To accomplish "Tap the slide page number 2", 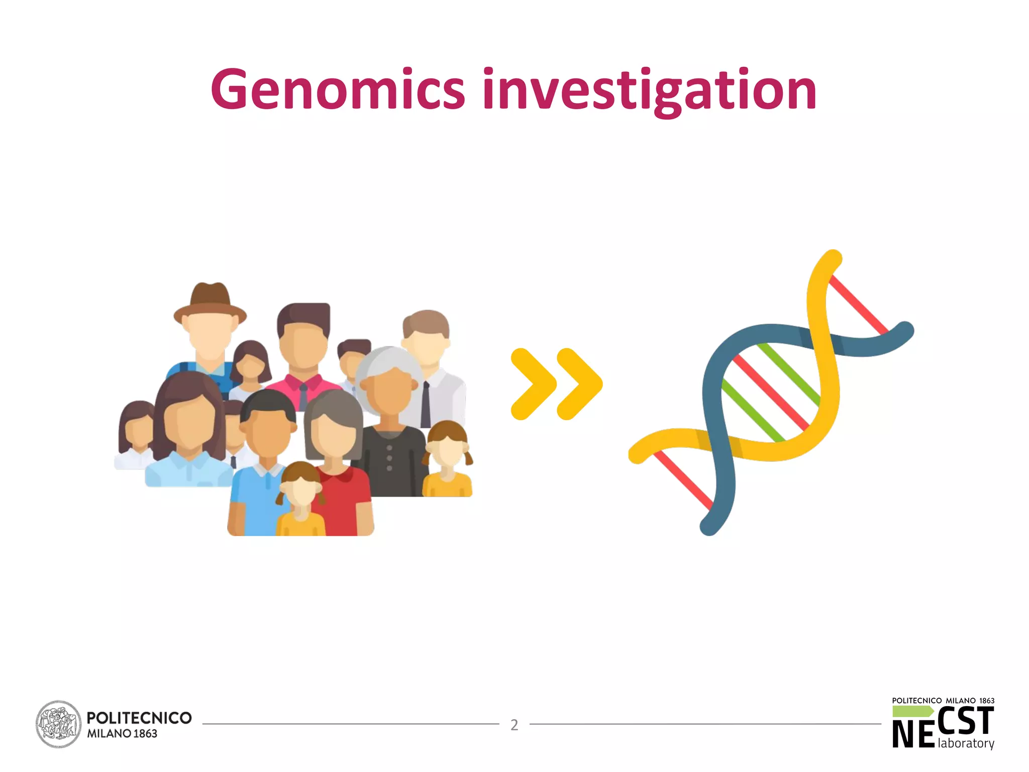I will [514, 725].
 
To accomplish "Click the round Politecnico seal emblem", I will [58, 724].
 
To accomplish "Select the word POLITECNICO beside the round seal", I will [139, 717].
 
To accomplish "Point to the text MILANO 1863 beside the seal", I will [122, 734].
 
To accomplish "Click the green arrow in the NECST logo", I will [912, 711].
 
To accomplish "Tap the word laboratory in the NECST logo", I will [966, 743].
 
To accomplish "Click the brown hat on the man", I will [210, 302].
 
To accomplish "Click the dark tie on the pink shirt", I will [303, 397].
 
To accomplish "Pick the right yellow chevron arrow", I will [579, 383].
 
